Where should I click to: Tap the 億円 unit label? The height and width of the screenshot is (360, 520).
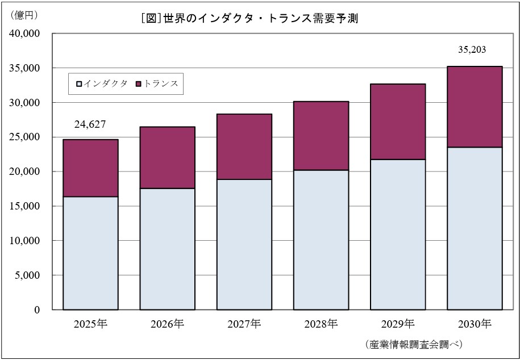tap(24, 15)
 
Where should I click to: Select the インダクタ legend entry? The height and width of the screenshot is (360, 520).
tap(102, 83)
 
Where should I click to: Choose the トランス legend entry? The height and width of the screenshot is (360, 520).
tap(157, 83)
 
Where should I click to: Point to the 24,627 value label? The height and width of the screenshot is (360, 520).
tap(90, 124)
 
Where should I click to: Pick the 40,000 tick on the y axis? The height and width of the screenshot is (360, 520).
tap(26, 34)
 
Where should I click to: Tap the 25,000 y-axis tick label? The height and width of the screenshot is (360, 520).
tap(26, 137)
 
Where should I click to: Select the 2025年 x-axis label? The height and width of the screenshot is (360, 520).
tap(90, 324)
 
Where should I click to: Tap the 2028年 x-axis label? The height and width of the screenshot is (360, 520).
tap(321, 324)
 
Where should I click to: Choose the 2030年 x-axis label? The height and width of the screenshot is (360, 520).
tap(474, 324)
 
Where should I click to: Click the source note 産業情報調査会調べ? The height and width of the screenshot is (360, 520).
tap(413, 345)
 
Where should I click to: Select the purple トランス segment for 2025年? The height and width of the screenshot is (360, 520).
tap(90, 168)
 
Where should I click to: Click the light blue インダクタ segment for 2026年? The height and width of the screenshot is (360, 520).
tap(167, 249)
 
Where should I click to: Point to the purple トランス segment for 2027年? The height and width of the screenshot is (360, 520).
tap(244, 147)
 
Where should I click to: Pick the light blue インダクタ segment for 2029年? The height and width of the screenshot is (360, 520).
tap(398, 235)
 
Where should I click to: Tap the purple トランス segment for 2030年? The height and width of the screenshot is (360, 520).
tap(475, 107)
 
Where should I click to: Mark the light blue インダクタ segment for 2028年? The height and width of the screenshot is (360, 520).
tap(321, 240)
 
